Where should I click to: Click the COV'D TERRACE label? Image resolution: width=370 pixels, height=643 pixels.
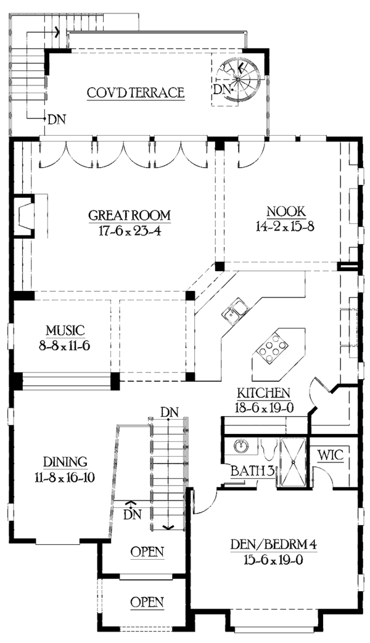pyautogui.click(x=136, y=92)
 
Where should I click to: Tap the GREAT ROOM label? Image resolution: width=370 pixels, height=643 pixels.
pyautogui.click(x=129, y=215)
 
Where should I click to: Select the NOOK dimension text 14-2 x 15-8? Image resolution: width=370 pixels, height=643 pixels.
pyautogui.click(x=286, y=227)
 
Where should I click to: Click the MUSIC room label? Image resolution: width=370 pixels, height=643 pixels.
pyautogui.click(x=65, y=330)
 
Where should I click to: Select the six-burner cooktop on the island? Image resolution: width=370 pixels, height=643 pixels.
pyautogui.click(x=271, y=349)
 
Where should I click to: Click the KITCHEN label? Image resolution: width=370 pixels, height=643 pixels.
pyautogui.click(x=264, y=393)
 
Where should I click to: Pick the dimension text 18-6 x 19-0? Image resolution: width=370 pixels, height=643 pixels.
pyautogui.click(x=263, y=408)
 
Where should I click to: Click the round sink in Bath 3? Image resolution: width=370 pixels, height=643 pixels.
pyautogui.click(x=240, y=445)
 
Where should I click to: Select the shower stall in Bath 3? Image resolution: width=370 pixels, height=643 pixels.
pyautogui.click(x=293, y=462)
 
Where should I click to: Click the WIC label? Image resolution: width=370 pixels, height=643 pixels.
pyautogui.click(x=330, y=456)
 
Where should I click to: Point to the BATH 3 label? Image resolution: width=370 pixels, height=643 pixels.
pyautogui.click(x=252, y=471)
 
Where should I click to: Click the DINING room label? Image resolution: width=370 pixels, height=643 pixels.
pyautogui.click(x=65, y=462)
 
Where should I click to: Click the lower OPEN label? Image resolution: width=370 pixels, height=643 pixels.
pyautogui.click(x=147, y=602)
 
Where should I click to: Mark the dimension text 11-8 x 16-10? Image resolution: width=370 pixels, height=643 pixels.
pyautogui.click(x=65, y=477)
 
